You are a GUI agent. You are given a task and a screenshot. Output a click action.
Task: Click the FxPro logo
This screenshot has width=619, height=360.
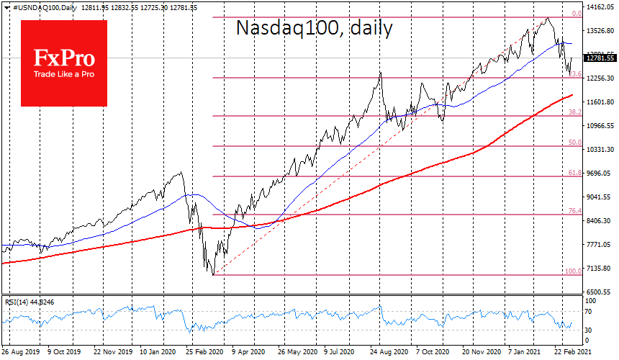point(63,63)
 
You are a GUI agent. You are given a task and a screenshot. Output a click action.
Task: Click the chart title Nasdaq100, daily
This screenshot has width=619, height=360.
point(315,29)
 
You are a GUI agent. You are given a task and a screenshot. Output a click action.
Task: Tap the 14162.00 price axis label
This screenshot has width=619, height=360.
point(600,7)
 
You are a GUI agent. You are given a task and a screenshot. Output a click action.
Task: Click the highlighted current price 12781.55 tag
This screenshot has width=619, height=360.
point(599,58)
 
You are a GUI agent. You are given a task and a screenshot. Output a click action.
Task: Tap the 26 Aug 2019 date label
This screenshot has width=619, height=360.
point(21,354)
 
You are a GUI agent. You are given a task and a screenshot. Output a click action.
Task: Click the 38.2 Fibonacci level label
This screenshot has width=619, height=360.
point(574,112)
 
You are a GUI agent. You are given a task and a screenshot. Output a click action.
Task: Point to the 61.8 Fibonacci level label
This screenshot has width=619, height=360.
point(574,173)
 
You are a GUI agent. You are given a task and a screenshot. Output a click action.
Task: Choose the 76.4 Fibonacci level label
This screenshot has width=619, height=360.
point(574,210)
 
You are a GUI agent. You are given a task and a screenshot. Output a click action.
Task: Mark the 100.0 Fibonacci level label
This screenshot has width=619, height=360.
point(572,271)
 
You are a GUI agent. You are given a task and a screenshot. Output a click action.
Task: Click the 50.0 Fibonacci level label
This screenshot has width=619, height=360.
point(574,143)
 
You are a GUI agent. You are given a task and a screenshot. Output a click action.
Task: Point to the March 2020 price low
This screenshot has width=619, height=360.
point(213,274)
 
